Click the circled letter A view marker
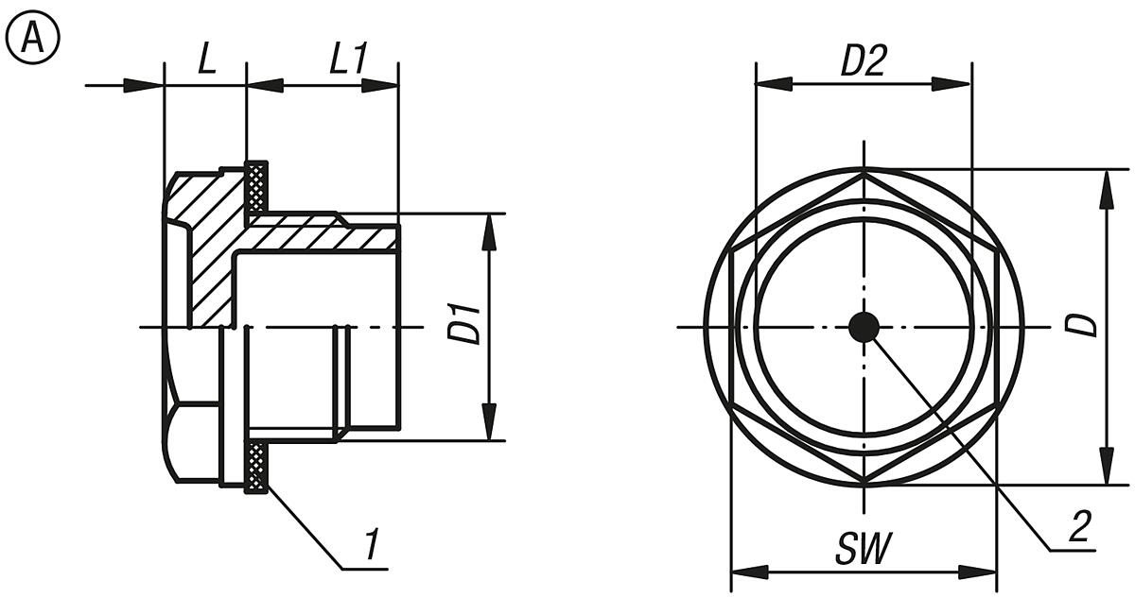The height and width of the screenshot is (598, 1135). pos(32,38)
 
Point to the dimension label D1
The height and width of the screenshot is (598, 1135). pos(464,326)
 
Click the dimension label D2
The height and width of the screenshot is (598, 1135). pos(863,61)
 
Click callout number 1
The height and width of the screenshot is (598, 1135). pos(373,545)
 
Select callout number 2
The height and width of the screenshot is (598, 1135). pos(1080,526)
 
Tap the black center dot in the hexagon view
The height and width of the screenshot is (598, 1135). pos(864,327)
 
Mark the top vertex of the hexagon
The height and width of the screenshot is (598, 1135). pos(864,172)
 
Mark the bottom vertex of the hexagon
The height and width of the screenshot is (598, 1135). pos(864,483)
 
